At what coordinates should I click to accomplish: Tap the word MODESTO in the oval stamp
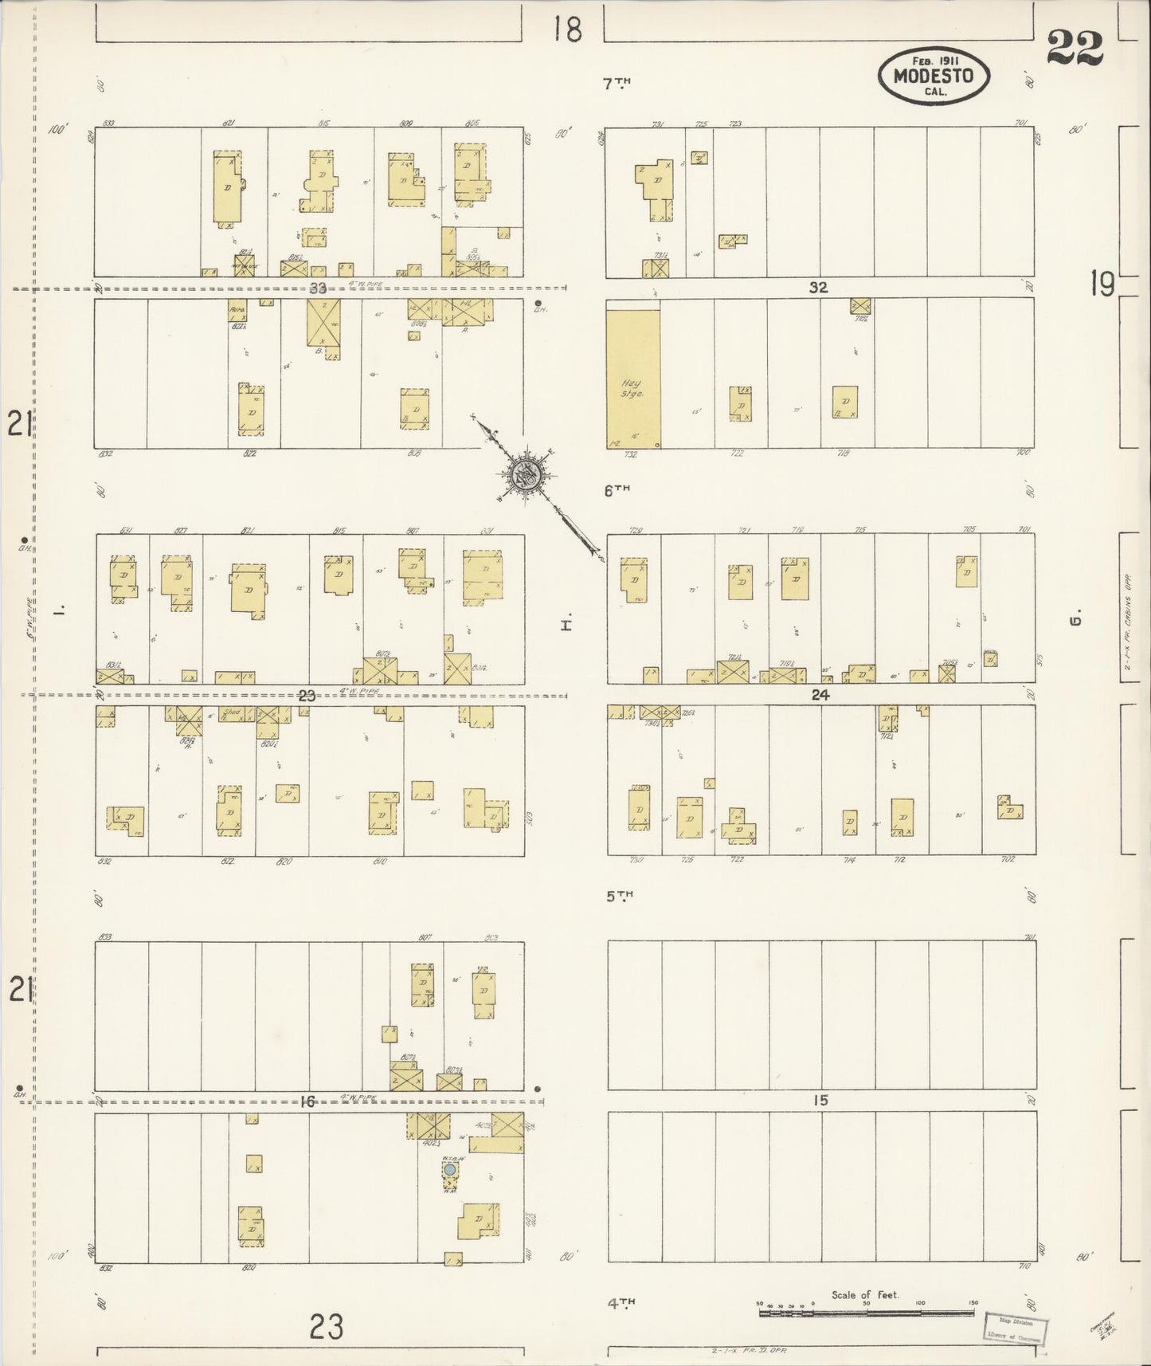click(x=934, y=77)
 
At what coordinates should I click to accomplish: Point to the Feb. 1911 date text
click(x=934, y=60)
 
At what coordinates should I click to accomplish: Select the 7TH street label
click(x=616, y=83)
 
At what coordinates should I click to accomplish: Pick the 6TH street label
click(x=616, y=491)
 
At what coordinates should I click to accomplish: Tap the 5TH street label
click(x=619, y=896)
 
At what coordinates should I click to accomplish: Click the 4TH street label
click(x=621, y=1303)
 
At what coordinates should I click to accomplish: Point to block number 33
click(x=319, y=288)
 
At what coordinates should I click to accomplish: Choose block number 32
click(x=818, y=288)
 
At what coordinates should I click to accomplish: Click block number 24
click(x=820, y=695)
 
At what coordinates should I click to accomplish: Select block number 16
click(x=307, y=1101)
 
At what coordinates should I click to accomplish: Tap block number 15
click(x=820, y=1101)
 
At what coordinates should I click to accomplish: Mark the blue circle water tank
click(x=450, y=1169)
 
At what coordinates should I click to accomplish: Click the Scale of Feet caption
click(x=864, y=1295)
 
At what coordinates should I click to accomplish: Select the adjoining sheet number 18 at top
click(x=568, y=29)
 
